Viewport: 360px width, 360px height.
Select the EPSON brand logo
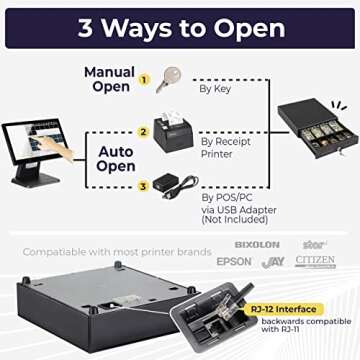[x=233, y=262]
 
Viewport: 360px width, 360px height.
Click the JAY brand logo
[x=273, y=262]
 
